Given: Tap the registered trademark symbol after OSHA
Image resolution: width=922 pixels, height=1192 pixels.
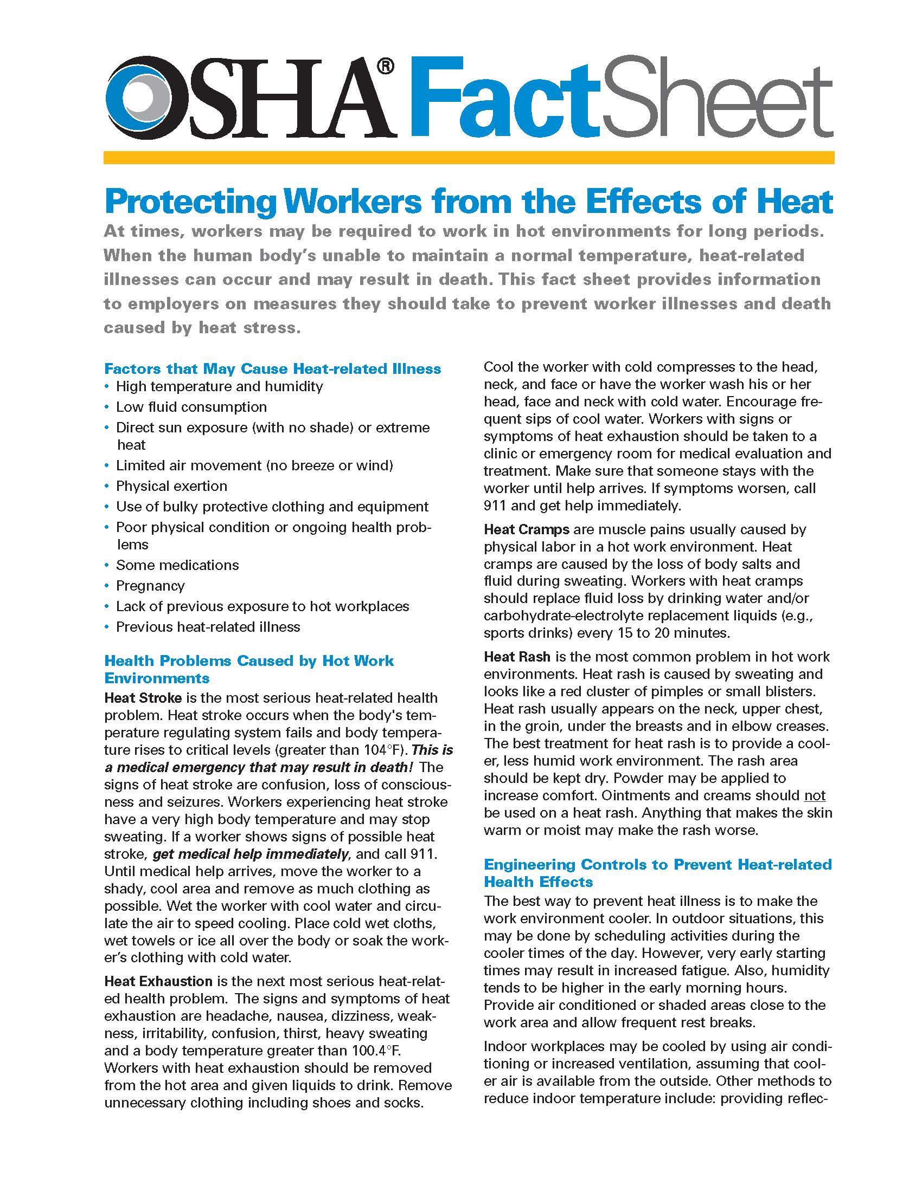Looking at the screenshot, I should [385, 66].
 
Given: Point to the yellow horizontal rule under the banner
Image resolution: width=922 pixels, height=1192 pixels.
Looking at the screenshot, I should [469, 158].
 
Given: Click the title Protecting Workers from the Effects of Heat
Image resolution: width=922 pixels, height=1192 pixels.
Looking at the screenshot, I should [469, 202].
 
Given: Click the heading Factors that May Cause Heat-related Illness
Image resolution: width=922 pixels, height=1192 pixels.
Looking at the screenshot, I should [272, 368].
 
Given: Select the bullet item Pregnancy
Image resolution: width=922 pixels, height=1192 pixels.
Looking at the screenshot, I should [150, 586].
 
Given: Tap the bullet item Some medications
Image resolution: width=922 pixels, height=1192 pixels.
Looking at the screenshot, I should [177, 565].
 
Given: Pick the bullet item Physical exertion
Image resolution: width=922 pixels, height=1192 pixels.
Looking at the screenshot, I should [171, 486].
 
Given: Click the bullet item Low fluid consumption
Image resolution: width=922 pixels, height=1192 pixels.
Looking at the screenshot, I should [191, 406].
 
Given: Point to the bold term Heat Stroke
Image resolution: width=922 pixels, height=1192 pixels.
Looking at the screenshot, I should [143, 697].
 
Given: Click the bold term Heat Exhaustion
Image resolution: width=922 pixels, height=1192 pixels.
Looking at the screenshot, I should [158, 981].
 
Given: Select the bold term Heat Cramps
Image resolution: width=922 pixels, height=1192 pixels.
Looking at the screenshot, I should [526, 529].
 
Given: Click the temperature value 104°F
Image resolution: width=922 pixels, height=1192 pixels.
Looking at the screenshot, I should [382, 749].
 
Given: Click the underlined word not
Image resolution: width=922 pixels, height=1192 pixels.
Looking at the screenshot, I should [815, 795].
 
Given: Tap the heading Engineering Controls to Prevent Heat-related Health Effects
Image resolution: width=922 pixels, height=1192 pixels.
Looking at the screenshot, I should [657, 873].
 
